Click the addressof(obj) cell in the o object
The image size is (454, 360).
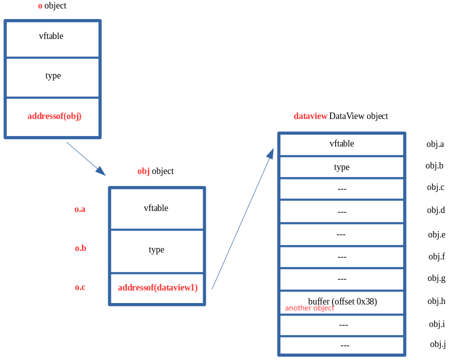(x=52, y=117)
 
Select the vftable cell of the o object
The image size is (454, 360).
(x=52, y=39)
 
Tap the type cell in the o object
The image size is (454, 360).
(x=52, y=77)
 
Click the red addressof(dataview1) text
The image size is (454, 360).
(x=158, y=288)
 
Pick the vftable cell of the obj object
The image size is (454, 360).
(x=156, y=208)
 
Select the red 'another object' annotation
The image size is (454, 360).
(x=309, y=308)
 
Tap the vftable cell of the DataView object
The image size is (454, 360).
(x=342, y=144)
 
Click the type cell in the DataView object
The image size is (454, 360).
(x=342, y=167)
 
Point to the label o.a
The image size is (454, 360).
(x=80, y=209)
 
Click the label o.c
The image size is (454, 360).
(x=80, y=287)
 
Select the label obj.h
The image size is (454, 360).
(x=436, y=301)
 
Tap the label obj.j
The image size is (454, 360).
(x=438, y=344)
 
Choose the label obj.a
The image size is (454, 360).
(x=435, y=144)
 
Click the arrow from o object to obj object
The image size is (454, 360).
(x=86, y=158)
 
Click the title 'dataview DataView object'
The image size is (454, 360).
(x=341, y=116)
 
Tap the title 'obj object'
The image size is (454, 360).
(x=155, y=171)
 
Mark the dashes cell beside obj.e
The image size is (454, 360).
(x=342, y=234)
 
